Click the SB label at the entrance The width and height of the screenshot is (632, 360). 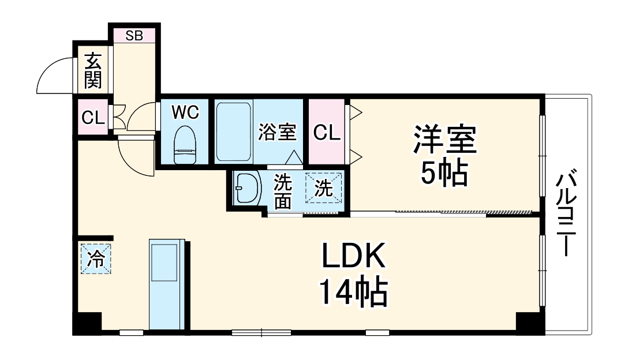coord(134,35)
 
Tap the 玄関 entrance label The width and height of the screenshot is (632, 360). coord(92,70)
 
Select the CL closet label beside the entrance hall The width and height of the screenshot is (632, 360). coord(92,118)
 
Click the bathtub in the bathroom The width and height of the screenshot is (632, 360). coord(233,131)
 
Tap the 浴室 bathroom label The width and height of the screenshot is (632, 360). coord(277,132)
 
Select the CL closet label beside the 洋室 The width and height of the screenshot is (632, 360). coord(327,132)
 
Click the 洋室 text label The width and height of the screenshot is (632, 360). coord(444,139)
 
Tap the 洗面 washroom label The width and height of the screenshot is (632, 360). coord(282,192)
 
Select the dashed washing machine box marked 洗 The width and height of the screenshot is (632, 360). coord(323,188)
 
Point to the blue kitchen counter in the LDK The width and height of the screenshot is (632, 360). coord(165,285)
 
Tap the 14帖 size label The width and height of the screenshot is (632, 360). coord(353,293)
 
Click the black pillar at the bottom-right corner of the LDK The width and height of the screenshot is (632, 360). coord(530,322)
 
